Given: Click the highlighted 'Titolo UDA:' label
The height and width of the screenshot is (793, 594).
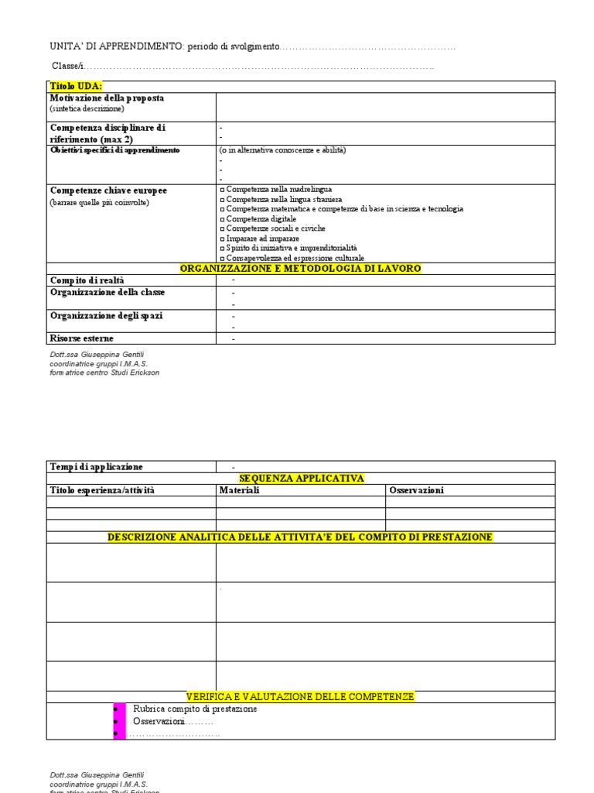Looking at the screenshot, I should click(76, 86).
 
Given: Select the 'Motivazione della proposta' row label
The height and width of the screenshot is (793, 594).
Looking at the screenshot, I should click(107, 98).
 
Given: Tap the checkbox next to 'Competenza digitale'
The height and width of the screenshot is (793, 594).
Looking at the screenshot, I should click(222, 219).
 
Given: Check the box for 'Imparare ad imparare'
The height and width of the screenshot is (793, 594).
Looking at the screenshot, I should click(222, 239).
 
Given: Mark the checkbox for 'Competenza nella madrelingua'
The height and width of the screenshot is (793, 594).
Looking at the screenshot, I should click(222, 190).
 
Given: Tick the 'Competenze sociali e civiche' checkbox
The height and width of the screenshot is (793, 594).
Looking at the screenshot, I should click(222, 229).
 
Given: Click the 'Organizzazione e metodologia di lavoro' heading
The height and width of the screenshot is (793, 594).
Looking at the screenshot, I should click(300, 268).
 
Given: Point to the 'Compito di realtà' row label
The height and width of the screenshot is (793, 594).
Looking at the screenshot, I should click(87, 280).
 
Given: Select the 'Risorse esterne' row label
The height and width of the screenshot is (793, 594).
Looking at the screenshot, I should click(82, 338).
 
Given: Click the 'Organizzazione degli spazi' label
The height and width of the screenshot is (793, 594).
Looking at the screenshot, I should click(106, 316).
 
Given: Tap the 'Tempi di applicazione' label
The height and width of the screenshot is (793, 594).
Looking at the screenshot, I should click(96, 467).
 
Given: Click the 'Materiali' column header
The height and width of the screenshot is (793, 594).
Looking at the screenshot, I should click(240, 490).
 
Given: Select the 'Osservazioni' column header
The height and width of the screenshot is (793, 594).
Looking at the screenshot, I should click(416, 490).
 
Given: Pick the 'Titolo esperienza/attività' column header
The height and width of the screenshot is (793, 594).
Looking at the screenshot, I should click(102, 490).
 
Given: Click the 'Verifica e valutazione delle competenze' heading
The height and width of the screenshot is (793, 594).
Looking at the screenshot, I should click(300, 697).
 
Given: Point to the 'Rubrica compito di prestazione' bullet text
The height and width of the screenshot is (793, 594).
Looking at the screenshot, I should click(195, 709).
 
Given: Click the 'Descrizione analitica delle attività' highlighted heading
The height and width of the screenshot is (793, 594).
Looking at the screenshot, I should click(300, 537).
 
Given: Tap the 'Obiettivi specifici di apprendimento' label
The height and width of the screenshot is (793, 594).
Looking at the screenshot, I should click(114, 149).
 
